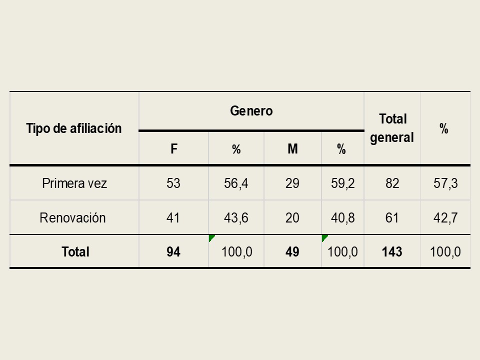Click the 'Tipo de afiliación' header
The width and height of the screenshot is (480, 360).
pos(74,128)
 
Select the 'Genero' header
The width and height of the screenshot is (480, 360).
pos(251,111)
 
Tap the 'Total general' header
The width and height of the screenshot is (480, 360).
pos(392,128)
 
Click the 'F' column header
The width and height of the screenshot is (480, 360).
pos(174,149)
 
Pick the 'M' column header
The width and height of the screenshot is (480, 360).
pos(292,149)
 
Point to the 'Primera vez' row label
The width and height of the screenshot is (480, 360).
pos(74,183)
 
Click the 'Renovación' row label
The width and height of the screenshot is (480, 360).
pos(72,217)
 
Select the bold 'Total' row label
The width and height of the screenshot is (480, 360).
pos(75,252)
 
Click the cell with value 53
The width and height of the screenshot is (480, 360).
pos(173,183)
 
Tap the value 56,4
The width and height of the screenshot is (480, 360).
pos(236,183)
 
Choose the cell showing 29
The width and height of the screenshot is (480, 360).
pos(292,183)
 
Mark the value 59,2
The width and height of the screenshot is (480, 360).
pos(342,183)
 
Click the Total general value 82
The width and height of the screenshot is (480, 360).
pos(392,183)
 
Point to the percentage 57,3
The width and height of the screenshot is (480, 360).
pos(445,183)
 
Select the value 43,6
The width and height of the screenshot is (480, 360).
pos(236,217)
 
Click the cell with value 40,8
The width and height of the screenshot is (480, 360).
pos(342,217)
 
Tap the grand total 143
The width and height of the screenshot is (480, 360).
pos(392,252)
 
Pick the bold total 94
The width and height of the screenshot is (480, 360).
pos(173,252)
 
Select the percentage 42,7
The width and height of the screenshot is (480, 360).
pos(445,217)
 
